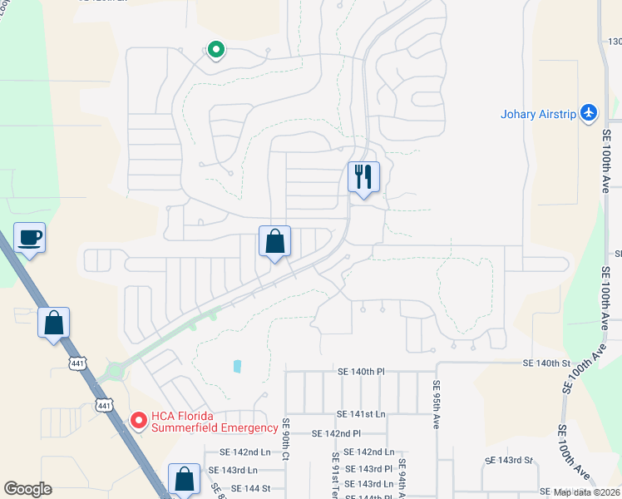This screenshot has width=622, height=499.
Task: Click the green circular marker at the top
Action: (x=215, y=51)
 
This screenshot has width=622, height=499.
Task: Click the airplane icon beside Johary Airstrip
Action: (x=590, y=112)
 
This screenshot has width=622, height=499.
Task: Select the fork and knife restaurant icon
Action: (x=363, y=177)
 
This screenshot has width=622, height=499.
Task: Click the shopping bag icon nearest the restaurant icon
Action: (x=274, y=242)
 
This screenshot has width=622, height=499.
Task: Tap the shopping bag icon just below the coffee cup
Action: (x=53, y=324)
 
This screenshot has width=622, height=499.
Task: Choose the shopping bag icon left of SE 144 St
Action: (x=184, y=480)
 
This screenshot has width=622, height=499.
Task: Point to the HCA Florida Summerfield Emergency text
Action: (x=214, y=422)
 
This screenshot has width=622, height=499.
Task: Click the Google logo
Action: (x=27, y=489)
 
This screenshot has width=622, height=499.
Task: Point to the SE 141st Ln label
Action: (x=362, y=413)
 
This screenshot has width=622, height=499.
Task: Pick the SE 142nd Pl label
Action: (x=336, y=433)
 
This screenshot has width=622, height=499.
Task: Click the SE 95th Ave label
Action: (x=436, y=404)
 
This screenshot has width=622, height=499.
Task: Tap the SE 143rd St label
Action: (x=509, y=460)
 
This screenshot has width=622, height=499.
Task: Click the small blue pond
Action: (x=237, y=366)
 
